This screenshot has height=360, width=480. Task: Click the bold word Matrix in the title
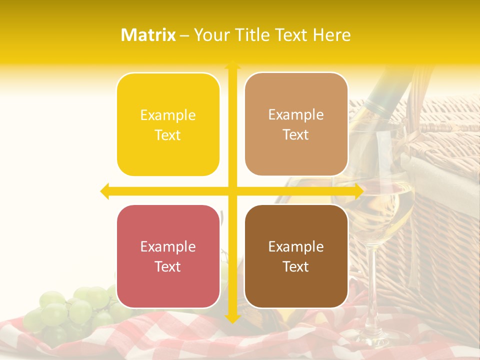coord(148,35)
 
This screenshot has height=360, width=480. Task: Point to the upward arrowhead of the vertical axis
coord(232,65)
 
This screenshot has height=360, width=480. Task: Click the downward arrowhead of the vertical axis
coord(232,318)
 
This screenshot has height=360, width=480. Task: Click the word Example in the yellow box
coord(168,115)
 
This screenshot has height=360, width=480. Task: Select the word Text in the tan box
coord(296,135)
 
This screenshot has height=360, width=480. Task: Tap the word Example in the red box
coord(168,246)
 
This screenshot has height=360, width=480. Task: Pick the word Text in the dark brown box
coord(296,266)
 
